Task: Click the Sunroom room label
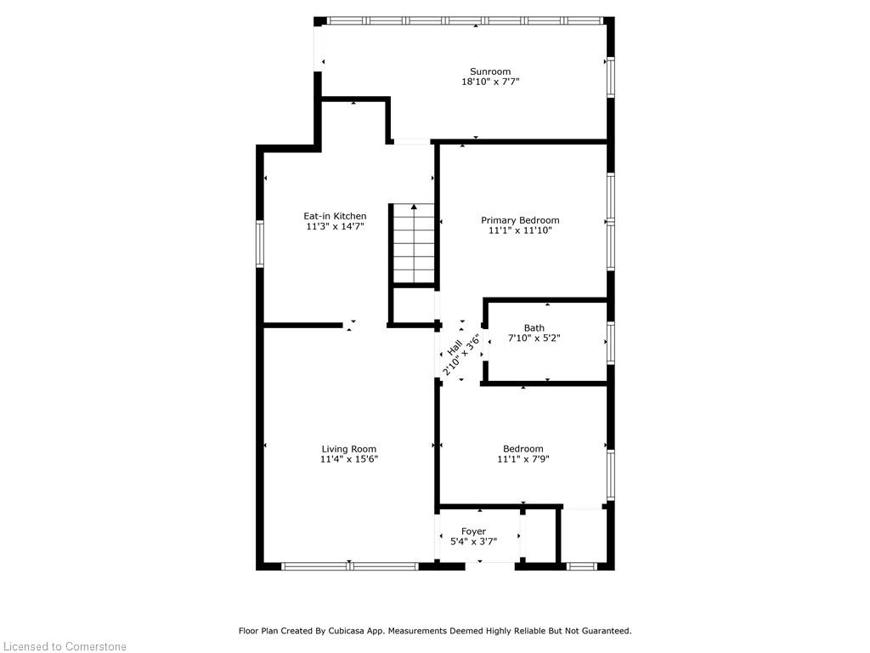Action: (x=490, y=71)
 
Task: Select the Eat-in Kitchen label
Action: (x=335, y=216)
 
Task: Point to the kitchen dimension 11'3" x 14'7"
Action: (x=335, y=226)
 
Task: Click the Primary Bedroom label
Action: (x=520, y=220)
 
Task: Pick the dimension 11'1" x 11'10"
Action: (x=520, y=230)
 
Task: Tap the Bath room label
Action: (x=534, y=328)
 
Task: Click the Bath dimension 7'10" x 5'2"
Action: (x=534, y=338)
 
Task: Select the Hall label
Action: (x=455, y=348)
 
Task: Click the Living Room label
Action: (x=349, y=449)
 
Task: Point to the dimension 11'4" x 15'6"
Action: (x=349, y=459)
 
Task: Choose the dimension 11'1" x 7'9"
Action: (x=523, y=459)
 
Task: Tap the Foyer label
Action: (x=473, y=531)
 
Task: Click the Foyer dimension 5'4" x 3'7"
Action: (x=473, y=542)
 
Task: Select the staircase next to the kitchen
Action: (x=414, y=244)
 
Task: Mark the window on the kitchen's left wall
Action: (x=260, y=244)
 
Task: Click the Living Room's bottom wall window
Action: (x=349, y=566)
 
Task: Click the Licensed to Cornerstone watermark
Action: (x=65, y=646)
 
